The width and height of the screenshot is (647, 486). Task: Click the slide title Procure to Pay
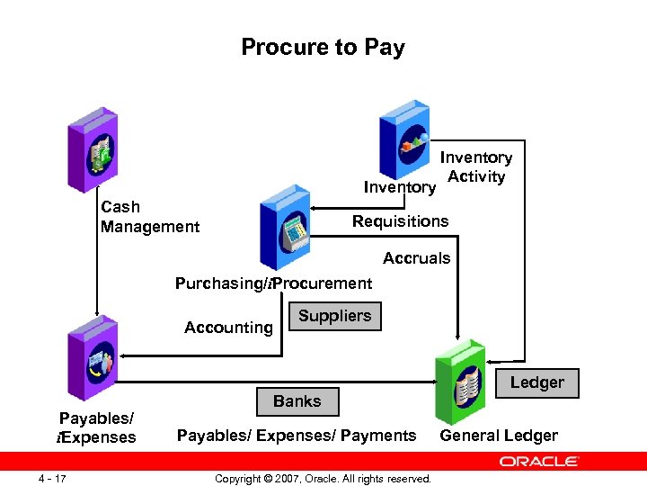point(323,48)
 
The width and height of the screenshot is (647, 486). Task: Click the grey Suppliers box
point(334,316)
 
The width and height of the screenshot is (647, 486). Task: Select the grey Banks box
point(297,401)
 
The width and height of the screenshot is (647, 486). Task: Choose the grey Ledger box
point(536,382)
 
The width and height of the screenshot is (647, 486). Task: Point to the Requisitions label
point(400,221)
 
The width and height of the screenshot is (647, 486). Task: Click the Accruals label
point(416,258)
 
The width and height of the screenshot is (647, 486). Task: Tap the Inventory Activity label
point(475,166)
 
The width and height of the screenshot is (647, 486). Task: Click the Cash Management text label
point(149,217)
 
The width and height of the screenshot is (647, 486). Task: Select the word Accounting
point(228,328)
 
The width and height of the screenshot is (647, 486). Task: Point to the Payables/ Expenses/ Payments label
point(297,436)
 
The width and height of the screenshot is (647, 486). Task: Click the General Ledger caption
point(498,436)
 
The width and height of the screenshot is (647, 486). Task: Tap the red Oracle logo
point(538,461)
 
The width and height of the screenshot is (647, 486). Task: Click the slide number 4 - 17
point(54,477)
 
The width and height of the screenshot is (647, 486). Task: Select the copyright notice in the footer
point(323,478)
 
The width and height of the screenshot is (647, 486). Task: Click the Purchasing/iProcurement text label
point(273,283)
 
